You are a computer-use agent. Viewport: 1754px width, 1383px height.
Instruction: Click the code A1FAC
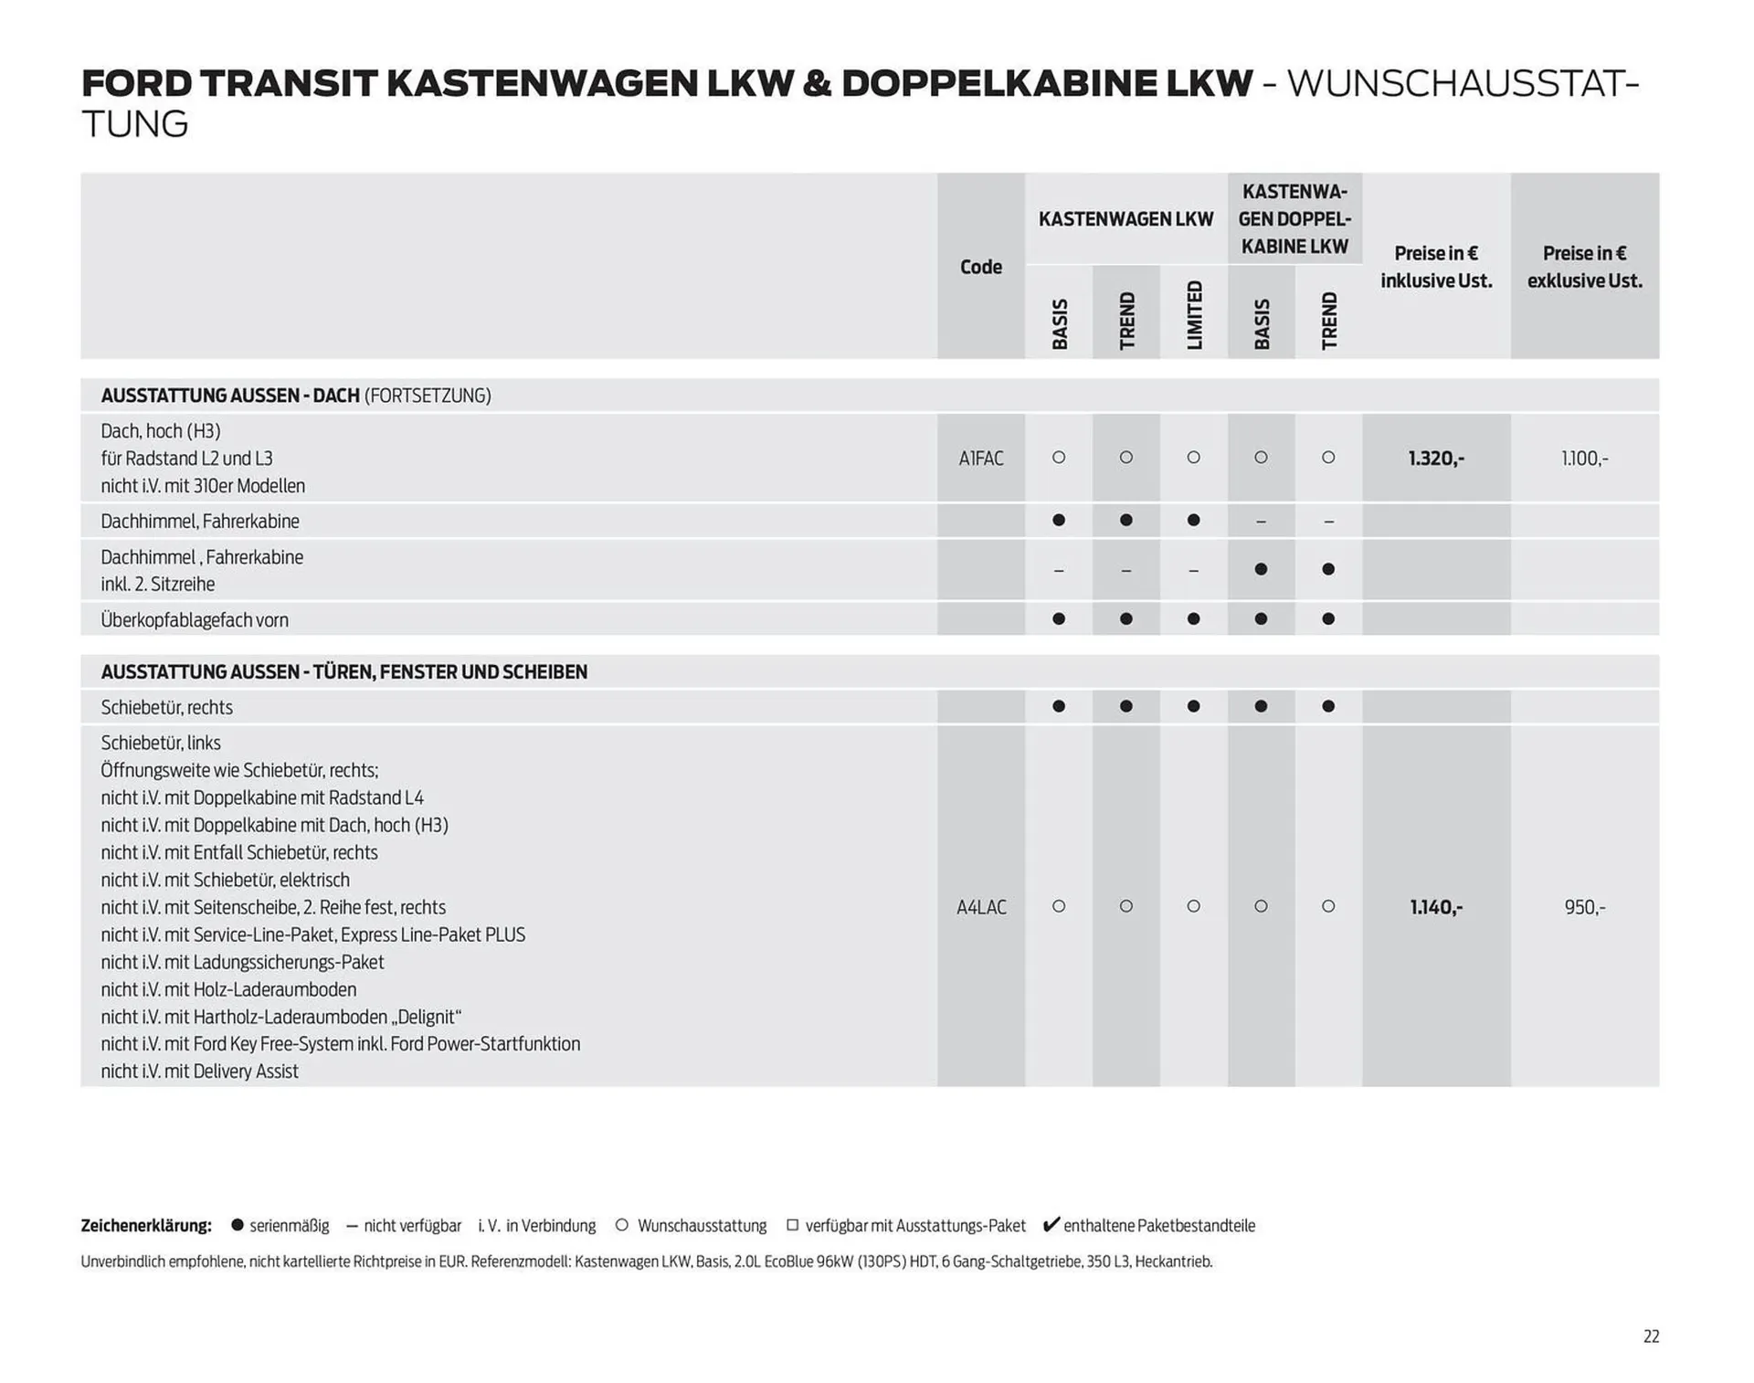980,459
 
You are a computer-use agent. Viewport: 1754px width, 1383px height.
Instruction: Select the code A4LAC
981,907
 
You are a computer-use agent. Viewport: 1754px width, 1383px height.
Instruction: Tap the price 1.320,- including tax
1436,459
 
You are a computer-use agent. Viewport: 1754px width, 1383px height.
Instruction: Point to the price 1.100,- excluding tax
1584,459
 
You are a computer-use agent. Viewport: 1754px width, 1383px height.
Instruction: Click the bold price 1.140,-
1436,907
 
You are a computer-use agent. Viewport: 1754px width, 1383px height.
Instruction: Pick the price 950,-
1584,907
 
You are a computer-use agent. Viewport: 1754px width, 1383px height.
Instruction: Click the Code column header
980,267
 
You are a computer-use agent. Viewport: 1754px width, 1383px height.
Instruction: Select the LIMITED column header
1194,314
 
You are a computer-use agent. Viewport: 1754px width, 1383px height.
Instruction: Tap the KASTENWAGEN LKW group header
1125,219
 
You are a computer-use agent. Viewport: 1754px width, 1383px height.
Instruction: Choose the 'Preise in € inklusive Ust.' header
1436,267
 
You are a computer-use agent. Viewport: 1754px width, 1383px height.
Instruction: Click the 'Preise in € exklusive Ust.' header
1584,267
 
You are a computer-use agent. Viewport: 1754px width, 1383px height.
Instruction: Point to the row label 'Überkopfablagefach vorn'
195,620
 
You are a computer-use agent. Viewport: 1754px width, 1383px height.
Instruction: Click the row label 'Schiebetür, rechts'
167,708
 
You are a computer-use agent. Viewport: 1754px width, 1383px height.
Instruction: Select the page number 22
1651,1336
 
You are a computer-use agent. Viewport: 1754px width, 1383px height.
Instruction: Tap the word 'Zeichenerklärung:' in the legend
146,1226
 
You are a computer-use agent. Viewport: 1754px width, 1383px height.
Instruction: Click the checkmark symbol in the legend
1051,1225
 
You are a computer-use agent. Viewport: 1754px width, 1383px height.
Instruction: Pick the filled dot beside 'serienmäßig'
238,1225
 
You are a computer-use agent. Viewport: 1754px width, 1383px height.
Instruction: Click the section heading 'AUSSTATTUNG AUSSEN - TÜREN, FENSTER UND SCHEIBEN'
344,672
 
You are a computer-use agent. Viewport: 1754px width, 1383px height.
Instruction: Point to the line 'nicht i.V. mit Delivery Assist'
200,1072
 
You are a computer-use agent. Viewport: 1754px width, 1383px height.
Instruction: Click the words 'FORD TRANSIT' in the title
228,84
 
